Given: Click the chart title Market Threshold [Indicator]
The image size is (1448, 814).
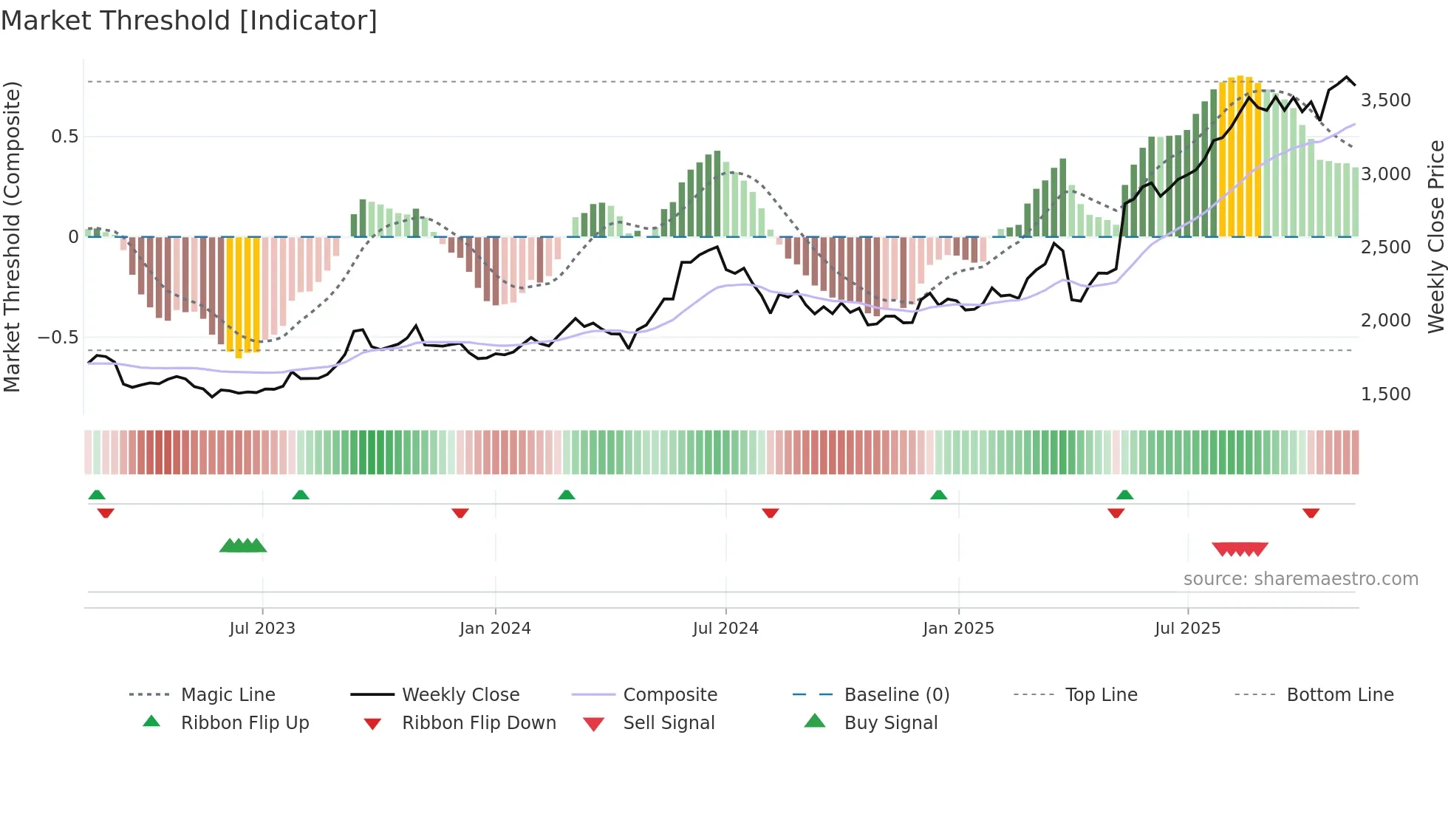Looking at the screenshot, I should (189, 21).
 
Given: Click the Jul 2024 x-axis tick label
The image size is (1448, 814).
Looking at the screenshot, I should (725, 629).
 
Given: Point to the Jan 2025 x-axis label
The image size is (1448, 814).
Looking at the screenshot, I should (958, 629).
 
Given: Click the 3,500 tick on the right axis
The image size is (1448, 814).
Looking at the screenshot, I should (1385, 100).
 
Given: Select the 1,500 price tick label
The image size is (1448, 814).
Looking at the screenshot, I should (1385, 394).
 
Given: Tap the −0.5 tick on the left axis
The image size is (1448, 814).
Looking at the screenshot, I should (58, 338).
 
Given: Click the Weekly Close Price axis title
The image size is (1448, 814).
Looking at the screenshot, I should (1435, 236).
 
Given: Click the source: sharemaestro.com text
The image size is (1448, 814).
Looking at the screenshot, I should (1300, 579).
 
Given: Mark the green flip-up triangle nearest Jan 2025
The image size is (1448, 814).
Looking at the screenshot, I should (938, 495).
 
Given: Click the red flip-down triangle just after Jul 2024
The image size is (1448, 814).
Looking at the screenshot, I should (770, 513).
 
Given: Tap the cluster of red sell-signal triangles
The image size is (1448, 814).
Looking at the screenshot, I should (1240, 549).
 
